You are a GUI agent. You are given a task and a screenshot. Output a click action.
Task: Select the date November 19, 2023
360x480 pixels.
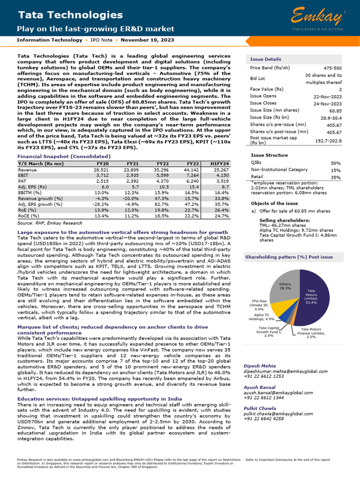click(x=147, y=40)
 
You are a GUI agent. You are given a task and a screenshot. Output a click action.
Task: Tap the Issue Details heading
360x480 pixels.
click(x=265, y=60)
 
